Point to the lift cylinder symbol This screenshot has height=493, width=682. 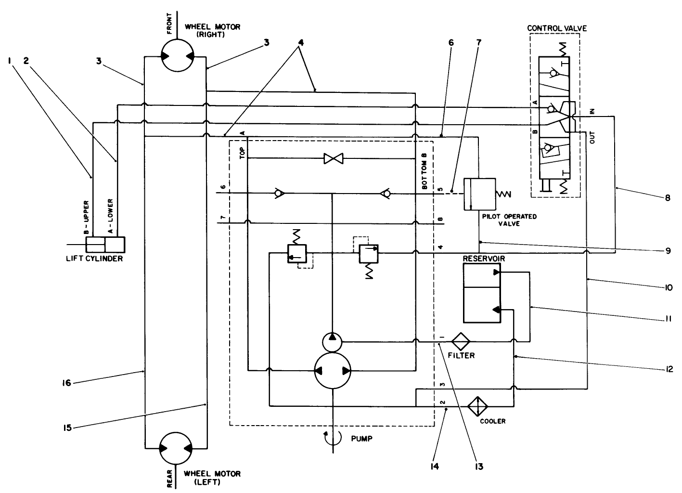105,245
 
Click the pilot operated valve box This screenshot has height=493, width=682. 479,194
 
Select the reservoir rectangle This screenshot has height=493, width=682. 482,293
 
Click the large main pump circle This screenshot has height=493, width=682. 332,371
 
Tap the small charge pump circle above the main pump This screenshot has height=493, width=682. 332,342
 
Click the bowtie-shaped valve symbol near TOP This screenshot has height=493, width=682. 332,158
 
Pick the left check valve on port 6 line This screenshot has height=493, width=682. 278,194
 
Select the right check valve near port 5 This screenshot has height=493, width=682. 385,194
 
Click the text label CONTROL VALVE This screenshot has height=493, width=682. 557,28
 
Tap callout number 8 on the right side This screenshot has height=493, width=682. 668,197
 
